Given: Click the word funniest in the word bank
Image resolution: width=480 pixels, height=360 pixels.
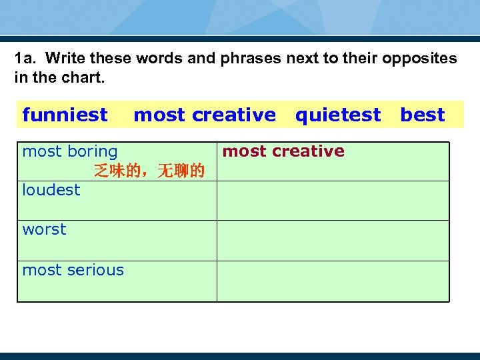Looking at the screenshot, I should (x=65, y=115).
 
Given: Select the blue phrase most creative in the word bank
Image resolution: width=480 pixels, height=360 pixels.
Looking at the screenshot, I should (x=204, y=115).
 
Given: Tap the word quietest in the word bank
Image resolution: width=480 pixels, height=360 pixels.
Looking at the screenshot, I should (x=338, y=115).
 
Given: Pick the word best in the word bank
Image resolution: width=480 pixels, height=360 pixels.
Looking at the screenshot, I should (x=422, y=115).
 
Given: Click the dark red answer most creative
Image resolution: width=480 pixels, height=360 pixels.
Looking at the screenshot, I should (x=283, y=151).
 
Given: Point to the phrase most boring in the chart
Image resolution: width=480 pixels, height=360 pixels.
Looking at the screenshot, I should (x=70, y=151).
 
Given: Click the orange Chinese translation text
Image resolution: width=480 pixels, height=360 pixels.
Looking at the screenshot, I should (x=149, y=171).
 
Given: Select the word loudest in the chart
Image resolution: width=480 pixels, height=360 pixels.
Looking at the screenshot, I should (x=51, y=190).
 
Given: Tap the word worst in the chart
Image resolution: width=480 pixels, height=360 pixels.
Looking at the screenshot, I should (x=44, y=229).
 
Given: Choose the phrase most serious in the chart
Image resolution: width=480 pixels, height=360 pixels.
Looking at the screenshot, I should (x=73, y=270).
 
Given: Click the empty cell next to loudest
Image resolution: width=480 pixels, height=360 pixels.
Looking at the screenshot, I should (x=333, y=201).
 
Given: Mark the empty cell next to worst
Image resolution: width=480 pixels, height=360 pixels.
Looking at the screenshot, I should (x=333, y=240).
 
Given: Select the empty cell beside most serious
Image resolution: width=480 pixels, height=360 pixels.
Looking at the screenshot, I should (x=333, y=281).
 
